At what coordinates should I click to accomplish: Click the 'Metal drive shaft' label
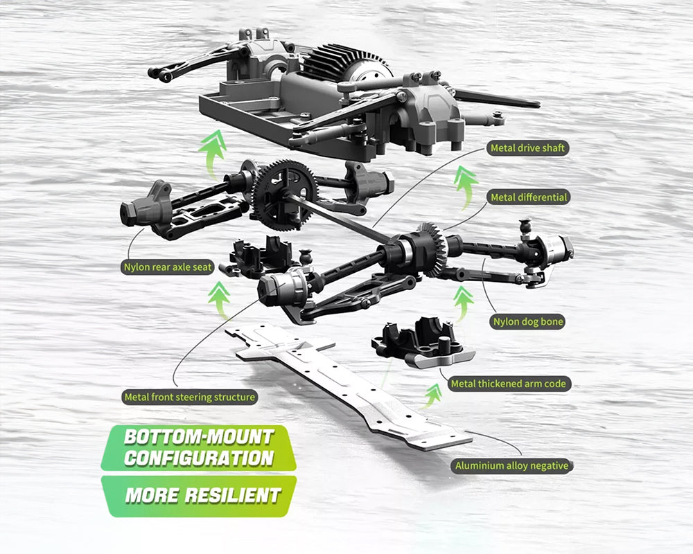(x=527, y=148)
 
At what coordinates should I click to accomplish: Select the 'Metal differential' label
(x=529, y=197)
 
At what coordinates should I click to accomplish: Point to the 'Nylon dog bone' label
(x=527, y=321)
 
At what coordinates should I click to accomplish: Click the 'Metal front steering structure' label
(x=189, y=397)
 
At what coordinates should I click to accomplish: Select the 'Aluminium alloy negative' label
(x=511, y=466)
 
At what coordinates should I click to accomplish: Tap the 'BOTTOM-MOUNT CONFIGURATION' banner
(x=198, y=447)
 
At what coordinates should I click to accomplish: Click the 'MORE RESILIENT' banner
(x=202, y=495)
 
